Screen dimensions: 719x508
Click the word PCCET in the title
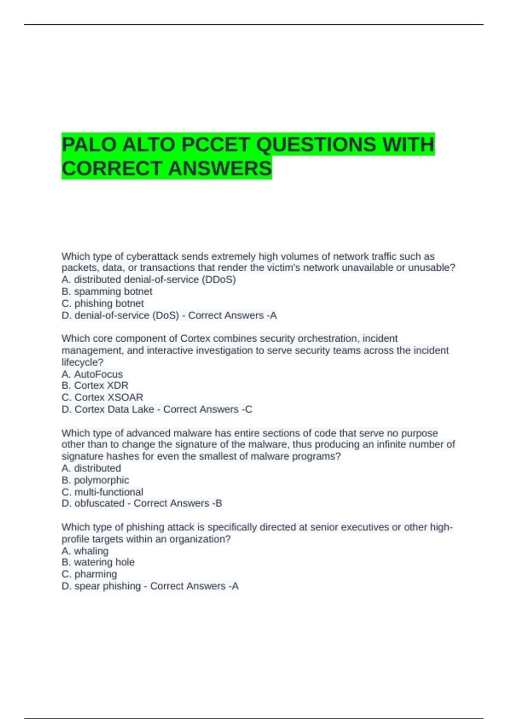pos(216,145)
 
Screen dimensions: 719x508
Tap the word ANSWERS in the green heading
pos(220,168)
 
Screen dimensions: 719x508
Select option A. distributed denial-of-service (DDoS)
pos(149,280)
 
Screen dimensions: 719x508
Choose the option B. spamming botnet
pos(107,291)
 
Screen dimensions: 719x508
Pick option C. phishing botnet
pos(102,303)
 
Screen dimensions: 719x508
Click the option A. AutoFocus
pos(92,374)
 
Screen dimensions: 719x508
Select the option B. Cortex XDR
pos(95,385)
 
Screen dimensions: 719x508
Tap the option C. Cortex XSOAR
pos(102,397)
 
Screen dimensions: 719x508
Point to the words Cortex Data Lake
pos(114,409)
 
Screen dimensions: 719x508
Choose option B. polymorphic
pos(95,480)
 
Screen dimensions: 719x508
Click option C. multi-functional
pos(102,492)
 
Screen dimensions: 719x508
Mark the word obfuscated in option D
pos(99,503)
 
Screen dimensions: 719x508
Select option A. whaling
pos(85,551)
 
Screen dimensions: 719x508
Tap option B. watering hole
pos(98,562)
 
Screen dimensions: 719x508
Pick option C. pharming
pos(89,574)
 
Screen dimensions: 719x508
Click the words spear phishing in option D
pos(108,586)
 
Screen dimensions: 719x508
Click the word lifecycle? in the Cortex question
pos(83,362)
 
